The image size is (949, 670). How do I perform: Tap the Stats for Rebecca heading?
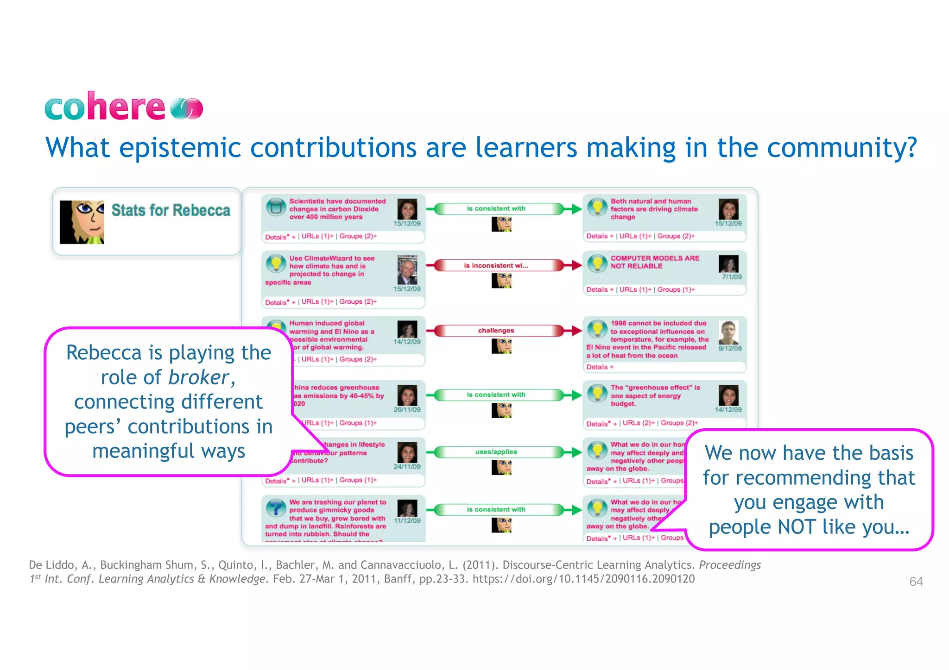coord(171,210)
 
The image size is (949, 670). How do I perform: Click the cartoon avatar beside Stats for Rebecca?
coord(82,222)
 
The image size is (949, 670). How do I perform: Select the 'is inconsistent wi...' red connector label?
coord(496,266)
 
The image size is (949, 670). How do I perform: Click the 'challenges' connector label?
coord(496,331)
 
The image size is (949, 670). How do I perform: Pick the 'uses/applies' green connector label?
coord(496,452)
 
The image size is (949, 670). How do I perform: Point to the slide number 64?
coord(916,582)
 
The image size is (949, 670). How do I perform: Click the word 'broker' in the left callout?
coord(198,377)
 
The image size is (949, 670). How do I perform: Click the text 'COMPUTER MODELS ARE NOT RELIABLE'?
coord(654,262)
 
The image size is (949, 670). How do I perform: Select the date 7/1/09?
coord(732,277)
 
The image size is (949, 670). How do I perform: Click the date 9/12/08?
coord(730,348)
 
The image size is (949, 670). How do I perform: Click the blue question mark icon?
coord(276,508)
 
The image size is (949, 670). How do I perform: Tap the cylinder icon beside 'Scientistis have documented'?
coord(276,207)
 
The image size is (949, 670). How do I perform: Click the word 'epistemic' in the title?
coord(180,148)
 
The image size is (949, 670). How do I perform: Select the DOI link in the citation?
coord(583,579)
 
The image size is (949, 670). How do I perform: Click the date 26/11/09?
coord(407,410)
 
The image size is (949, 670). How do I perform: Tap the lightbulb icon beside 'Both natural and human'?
coord(597,207)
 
